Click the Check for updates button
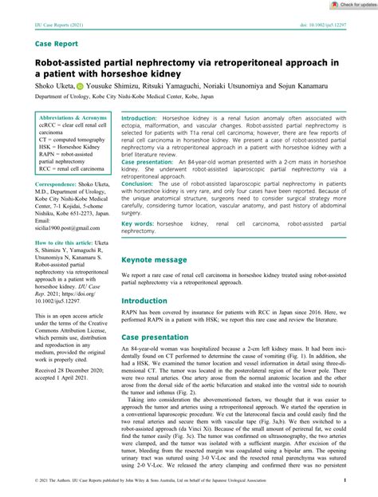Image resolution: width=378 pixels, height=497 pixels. coord(352,5)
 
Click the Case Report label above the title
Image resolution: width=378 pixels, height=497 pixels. coord(57,44)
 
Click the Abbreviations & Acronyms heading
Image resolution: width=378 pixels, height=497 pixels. coord(73,117)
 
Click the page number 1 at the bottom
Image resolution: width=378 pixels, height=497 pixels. coord(344,482)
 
